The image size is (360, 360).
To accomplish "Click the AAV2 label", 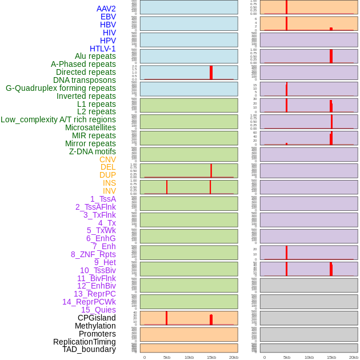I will pos(106,9).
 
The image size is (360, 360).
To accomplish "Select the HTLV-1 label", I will pos(103,49).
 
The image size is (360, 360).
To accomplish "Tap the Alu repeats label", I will pos(95,56).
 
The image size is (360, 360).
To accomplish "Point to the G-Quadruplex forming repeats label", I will pos(61,88).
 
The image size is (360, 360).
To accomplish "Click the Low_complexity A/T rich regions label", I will pos(58,119).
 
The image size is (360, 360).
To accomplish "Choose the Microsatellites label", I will pos(90,127).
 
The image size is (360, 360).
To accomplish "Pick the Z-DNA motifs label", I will pos(93,151).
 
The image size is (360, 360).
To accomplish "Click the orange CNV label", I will pos(107,159).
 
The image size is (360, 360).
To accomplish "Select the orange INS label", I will pos(109,183).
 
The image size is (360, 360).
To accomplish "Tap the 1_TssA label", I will pos(103,199).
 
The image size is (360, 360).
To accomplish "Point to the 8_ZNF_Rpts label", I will pos(93,254).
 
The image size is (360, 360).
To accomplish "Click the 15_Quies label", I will pos(98,310).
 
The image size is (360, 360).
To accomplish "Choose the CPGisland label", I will pos(97,318).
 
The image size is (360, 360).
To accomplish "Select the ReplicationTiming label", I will pos(85,342).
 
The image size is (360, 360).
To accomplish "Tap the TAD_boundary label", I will pos(89,349).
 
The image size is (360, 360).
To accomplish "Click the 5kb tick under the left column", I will pos(167,357).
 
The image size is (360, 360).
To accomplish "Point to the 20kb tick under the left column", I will pos(234,357).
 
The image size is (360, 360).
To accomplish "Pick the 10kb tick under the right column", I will pos(309,357).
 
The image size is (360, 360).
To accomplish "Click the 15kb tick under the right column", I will pos(331,357).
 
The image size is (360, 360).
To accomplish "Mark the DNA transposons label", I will pos(85,80).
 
